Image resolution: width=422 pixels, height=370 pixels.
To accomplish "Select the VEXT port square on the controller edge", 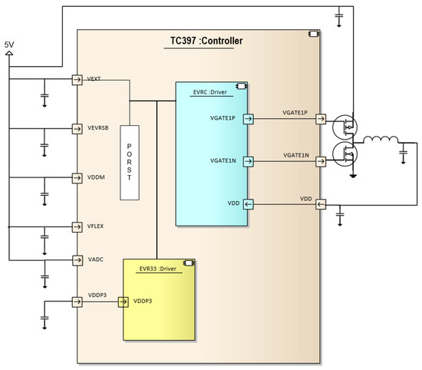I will pos(77,79).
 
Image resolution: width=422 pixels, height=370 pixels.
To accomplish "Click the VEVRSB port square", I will pos(77,128).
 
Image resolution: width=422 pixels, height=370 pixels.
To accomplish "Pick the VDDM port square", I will pos(77,177).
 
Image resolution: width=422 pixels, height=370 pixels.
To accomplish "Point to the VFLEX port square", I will pos(77,226).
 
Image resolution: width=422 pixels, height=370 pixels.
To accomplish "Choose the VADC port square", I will pos(77,259).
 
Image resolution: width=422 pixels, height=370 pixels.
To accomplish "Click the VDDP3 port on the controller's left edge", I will pos(77,301).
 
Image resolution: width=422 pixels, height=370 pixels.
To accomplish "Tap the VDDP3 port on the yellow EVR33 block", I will pos(123,301).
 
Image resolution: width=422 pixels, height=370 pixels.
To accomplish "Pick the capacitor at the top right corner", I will pos(339,15).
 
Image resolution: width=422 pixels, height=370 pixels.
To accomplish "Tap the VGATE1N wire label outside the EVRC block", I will pos(295,156).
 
